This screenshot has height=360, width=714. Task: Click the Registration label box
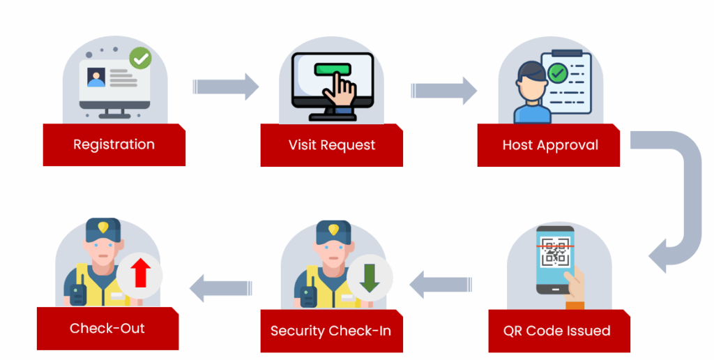[x=114, y=145]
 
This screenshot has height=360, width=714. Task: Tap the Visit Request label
[x=331, y=145]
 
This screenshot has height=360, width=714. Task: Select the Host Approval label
[x=549, y=145]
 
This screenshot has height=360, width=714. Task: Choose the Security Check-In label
[x=331, y=330]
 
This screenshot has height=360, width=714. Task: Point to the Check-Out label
[x=107, y=328]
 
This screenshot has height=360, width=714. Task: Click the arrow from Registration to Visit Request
[x=225, y=87]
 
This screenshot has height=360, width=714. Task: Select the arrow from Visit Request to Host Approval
[x=443, y=90]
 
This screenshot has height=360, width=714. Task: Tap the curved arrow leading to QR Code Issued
[x=680, y=202]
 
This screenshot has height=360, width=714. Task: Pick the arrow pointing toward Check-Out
[x=220, y=287]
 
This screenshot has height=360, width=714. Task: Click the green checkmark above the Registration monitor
[x=141, y=59]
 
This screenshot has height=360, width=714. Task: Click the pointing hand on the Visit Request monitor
[x=342, y=91]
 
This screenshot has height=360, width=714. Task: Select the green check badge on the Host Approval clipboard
[x=556, y=72]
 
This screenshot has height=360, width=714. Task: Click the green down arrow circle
[x=370, y=278]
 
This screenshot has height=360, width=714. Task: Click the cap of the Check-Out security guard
[x=102, y=230]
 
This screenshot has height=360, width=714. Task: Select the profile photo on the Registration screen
[x=96, y=77]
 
